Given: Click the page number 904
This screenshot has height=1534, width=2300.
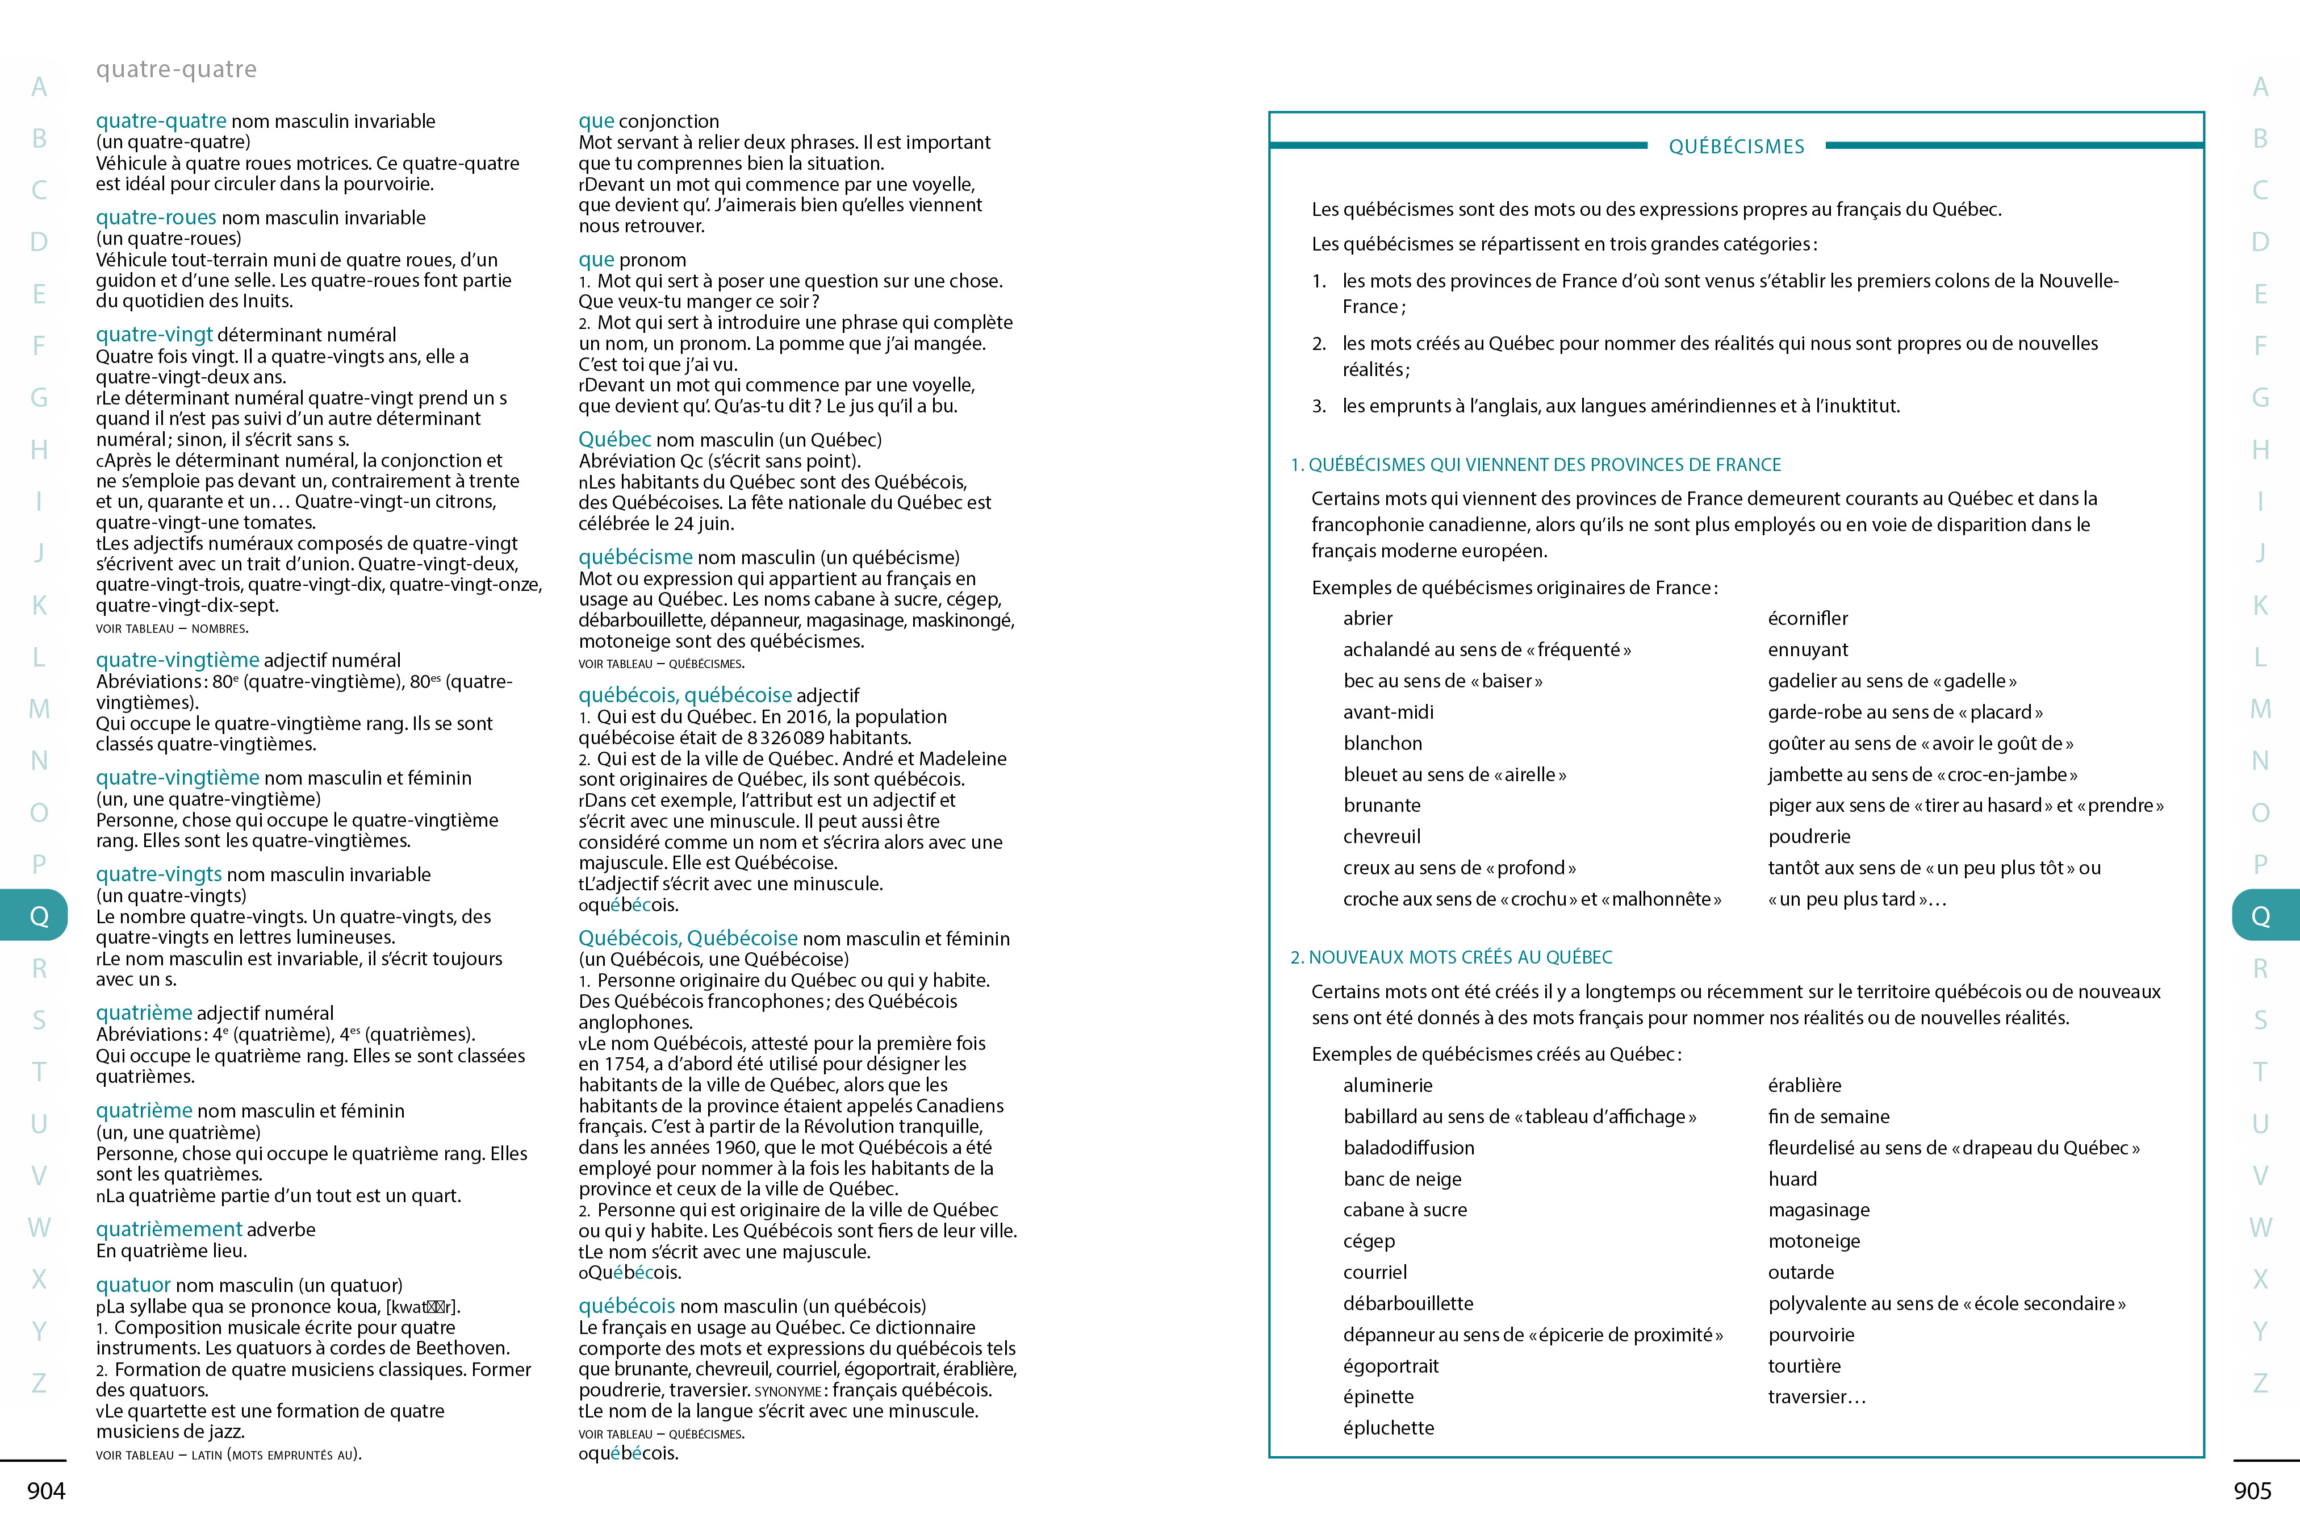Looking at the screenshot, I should (x=46, y=1491).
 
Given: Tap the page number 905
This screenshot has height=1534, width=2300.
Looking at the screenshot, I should (x=2252, y=1491).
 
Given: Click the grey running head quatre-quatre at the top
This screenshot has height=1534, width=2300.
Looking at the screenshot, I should (x=176, y=69).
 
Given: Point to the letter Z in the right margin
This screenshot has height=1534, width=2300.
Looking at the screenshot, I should (x=2260, y=1382).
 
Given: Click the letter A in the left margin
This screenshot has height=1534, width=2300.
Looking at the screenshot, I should (x=39, y=87).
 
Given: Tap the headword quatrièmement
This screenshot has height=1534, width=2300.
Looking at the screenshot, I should (x=168, y=1229).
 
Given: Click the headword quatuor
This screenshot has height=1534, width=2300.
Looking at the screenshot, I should (x=133, y=1285).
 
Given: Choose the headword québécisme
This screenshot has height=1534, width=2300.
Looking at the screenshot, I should (x=635, y=557).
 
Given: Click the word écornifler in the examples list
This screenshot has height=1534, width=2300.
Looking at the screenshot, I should (x=1807, y=618).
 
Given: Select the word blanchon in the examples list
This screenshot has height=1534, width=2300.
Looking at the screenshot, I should (x=1382, y=744).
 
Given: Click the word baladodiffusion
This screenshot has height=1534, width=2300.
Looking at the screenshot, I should (x=1408, y=1148).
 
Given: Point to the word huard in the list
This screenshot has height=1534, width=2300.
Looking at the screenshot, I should (x=1792, y=1179).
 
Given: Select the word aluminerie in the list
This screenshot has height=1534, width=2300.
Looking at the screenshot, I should (x=1387, y=1085).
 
